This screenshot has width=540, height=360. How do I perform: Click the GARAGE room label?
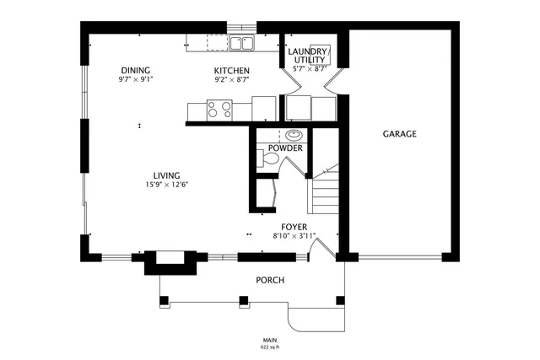[x=400, y=134]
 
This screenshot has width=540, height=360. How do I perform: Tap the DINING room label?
[x=136, y=70]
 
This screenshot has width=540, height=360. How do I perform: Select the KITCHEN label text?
[x=231, y=70]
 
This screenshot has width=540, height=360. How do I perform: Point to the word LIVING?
[x=166, y=175]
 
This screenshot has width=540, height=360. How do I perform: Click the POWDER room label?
[x=285, y=148]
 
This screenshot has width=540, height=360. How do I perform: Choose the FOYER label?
[x=294, y=227]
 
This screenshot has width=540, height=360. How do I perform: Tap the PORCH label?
[x=270, y=280]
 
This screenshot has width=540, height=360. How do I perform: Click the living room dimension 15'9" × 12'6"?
[x=166, y=185]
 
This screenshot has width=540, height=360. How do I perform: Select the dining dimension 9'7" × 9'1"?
[x=136, y=79]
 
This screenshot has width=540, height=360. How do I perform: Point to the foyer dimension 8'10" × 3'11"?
[x=294, y=236]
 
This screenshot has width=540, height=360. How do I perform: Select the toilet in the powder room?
[x=262, y=159]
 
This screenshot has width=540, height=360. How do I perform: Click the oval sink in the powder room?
[x=294, y=135]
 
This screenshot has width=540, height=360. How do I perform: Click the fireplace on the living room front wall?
[x=171, y=261]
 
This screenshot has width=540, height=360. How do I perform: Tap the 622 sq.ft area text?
[x=270, y=347]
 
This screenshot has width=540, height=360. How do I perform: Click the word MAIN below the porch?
[x=270, y=340]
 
